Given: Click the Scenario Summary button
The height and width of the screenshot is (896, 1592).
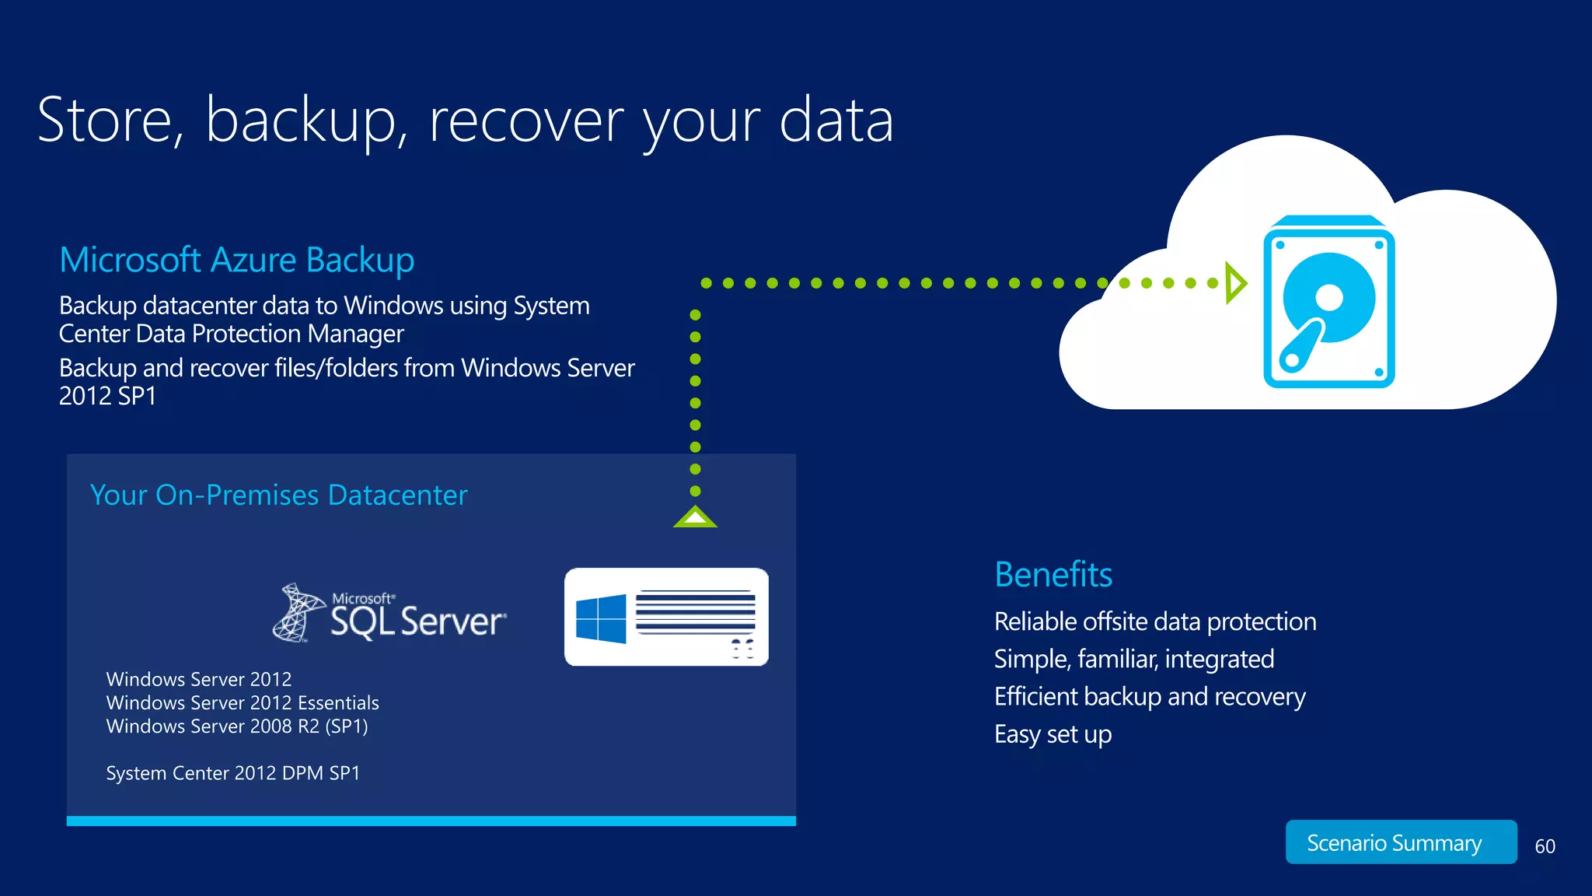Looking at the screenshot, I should coord(1400,842).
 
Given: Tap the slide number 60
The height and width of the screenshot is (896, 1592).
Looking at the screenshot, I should coord(1545,846).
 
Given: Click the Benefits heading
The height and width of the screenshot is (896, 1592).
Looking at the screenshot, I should coord(1053,575).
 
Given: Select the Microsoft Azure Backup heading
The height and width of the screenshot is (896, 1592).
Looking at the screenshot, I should coord(236,260).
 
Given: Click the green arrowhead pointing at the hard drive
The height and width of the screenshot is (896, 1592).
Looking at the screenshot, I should coord(1234,283).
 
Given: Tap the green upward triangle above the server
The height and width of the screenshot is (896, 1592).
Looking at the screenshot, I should coord(695,516).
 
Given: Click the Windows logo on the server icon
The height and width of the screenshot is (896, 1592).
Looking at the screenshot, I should coord(601,619).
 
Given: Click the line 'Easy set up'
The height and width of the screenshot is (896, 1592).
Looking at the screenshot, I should coord(1053,734).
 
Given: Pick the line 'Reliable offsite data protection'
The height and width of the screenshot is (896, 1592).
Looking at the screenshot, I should coord(1154,621).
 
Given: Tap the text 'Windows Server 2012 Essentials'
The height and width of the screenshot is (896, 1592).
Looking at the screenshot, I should coord(243,703).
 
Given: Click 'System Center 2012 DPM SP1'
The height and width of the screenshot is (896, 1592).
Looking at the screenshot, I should coord(233,773).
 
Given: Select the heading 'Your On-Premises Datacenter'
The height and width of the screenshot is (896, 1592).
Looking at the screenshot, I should coord(278,495).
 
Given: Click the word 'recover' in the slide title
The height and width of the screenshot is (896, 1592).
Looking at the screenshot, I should coord(526,121).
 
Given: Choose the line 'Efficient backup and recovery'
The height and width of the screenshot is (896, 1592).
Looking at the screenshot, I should coord(1149,697).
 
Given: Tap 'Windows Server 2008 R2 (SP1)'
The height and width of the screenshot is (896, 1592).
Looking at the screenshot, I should coord(237,726).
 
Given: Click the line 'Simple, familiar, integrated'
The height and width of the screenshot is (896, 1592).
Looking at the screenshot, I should coord(1133,660).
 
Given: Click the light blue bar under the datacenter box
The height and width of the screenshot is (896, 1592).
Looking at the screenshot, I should coord(431,821).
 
